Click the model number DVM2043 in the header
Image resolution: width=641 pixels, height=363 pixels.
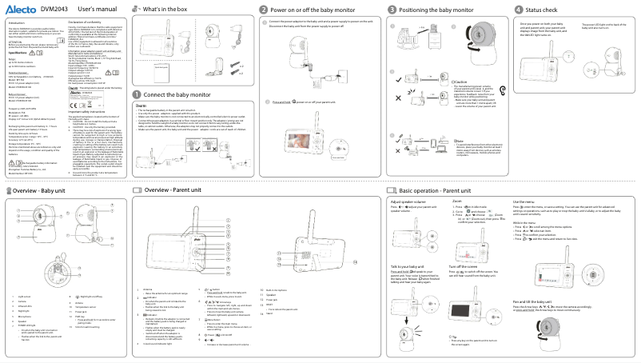(x=54, y=8)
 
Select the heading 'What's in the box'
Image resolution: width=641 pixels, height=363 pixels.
(x=165, y=8)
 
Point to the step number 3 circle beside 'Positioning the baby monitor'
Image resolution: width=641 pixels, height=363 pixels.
(x=392, y=8)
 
